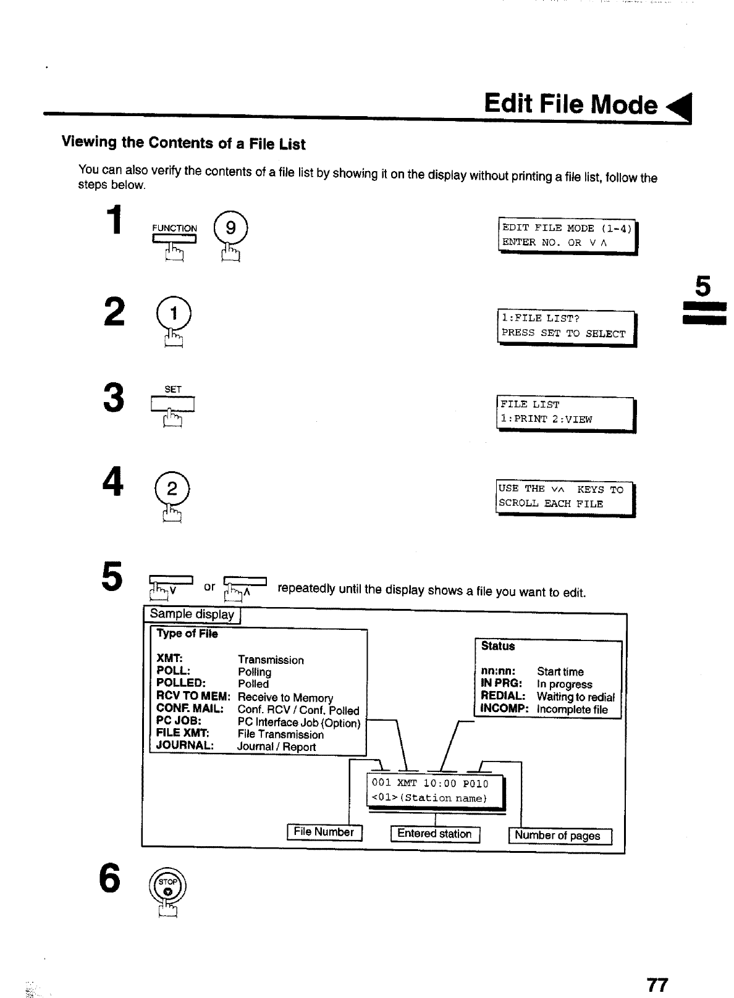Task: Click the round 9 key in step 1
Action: click(x=230, y=229)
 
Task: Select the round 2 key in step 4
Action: click(x=172, y=490)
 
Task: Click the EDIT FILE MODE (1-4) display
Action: click(x=567, y=236)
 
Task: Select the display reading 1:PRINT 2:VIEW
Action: click(x=566, y=413)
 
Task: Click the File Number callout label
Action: click(x=324, y=832)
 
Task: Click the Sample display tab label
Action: click(x=192, y=614)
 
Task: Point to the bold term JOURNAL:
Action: click(x=185, y=745)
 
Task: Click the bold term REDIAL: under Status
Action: click(x=502, y=696)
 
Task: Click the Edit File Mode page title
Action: click(x=570, y=104)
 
